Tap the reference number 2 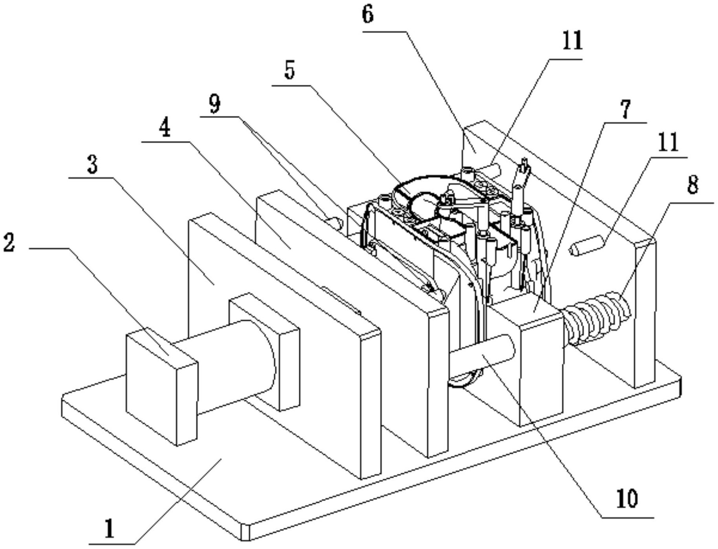[9, 242]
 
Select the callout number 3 [92, 164]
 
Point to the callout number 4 [165, 128]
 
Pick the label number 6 [367, 15]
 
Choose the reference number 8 [693, 184]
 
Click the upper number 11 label [572, 41]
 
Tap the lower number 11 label [668, 142]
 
